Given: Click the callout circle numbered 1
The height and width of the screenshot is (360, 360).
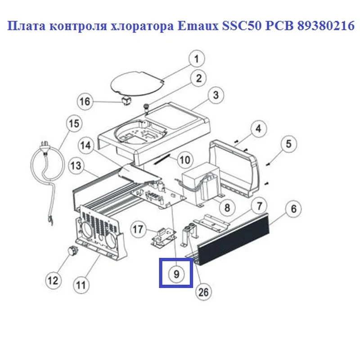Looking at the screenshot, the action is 197,59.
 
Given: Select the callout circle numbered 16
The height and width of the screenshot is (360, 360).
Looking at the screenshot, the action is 85,101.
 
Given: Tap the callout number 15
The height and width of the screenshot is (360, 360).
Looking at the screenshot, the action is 74,123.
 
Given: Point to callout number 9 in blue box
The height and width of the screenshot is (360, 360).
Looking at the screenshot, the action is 176,274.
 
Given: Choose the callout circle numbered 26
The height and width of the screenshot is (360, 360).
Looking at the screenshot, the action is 203,292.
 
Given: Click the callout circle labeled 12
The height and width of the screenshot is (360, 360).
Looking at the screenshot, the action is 53,280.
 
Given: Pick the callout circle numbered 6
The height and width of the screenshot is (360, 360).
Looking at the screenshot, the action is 294,209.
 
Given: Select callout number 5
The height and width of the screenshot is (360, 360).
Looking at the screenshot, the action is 288,144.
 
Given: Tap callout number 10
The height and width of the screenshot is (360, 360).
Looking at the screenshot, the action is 185,160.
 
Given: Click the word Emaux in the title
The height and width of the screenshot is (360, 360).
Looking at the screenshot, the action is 198,26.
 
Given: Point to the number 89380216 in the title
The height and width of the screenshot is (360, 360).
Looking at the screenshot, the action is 326,26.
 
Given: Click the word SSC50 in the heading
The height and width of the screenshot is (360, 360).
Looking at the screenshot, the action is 242,26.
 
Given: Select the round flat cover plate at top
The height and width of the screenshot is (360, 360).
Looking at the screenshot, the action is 137,84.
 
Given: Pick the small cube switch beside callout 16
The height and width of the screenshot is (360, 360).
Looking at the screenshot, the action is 126,101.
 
